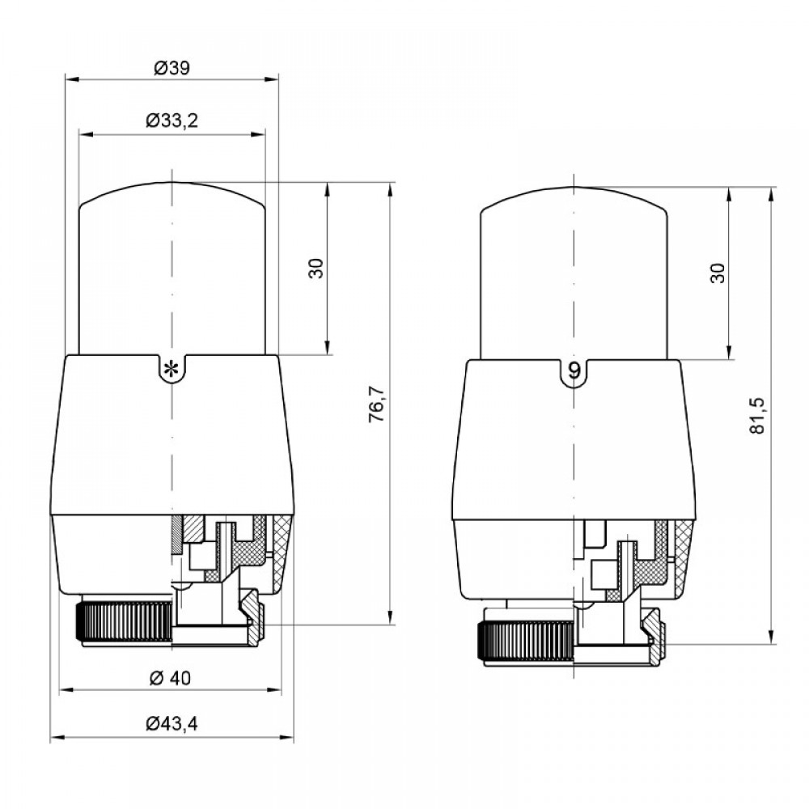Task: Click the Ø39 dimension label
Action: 172,68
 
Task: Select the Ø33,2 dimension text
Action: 172,121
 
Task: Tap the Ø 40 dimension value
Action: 170,678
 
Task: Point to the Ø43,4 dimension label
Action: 172,724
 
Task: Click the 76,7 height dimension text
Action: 377,404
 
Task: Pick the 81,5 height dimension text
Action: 758,415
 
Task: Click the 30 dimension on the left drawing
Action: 316,269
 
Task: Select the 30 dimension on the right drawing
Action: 718,273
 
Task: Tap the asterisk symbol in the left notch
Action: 171,370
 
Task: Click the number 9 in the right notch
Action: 574,370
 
